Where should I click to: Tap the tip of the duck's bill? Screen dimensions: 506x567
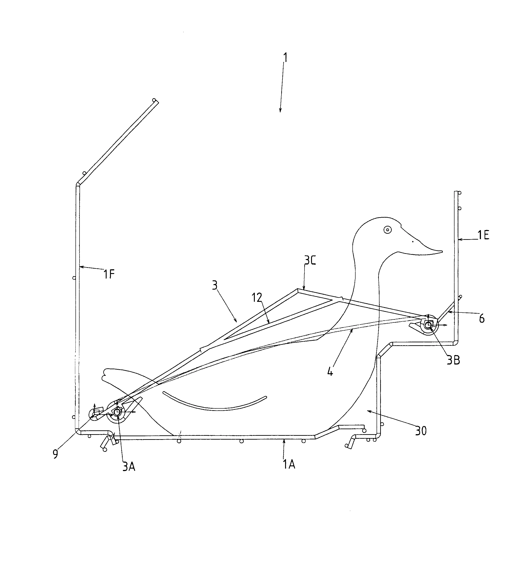442,251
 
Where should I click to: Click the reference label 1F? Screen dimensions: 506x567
109,275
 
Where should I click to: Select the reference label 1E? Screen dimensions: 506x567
483,235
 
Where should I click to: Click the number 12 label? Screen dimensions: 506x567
257,298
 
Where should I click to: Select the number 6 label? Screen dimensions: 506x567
482,318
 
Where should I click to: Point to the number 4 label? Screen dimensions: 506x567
330,372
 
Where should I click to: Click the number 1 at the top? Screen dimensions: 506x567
285,58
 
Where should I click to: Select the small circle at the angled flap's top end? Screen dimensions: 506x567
154,100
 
